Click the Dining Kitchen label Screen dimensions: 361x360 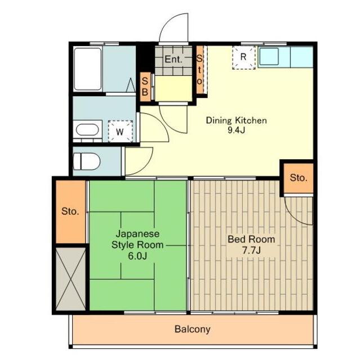pos(236,120)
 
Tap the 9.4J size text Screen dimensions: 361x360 pos(236,130)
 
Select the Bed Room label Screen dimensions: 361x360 pos(251,239)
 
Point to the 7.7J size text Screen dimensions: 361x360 pos(251,250)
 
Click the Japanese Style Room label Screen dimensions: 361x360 pos(137,239)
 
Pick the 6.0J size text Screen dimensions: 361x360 pos(137,256)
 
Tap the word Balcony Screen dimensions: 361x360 pos(193,329)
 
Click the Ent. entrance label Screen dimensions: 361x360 pos(173,59)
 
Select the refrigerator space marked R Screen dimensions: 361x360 pos(244,57)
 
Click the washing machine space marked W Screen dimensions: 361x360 pos(121,131)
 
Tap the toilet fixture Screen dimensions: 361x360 pos(87,161)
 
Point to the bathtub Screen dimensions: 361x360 pos(87,69)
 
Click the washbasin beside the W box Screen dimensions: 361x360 pos(87,130)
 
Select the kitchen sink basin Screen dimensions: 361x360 pos(269,56)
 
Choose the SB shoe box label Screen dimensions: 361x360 pos(145,87)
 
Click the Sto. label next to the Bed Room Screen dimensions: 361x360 pos(298,178)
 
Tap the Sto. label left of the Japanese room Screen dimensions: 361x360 pos(70,211)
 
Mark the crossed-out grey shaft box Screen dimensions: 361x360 pos(71,279)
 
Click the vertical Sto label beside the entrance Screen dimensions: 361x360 pos(199,70)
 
